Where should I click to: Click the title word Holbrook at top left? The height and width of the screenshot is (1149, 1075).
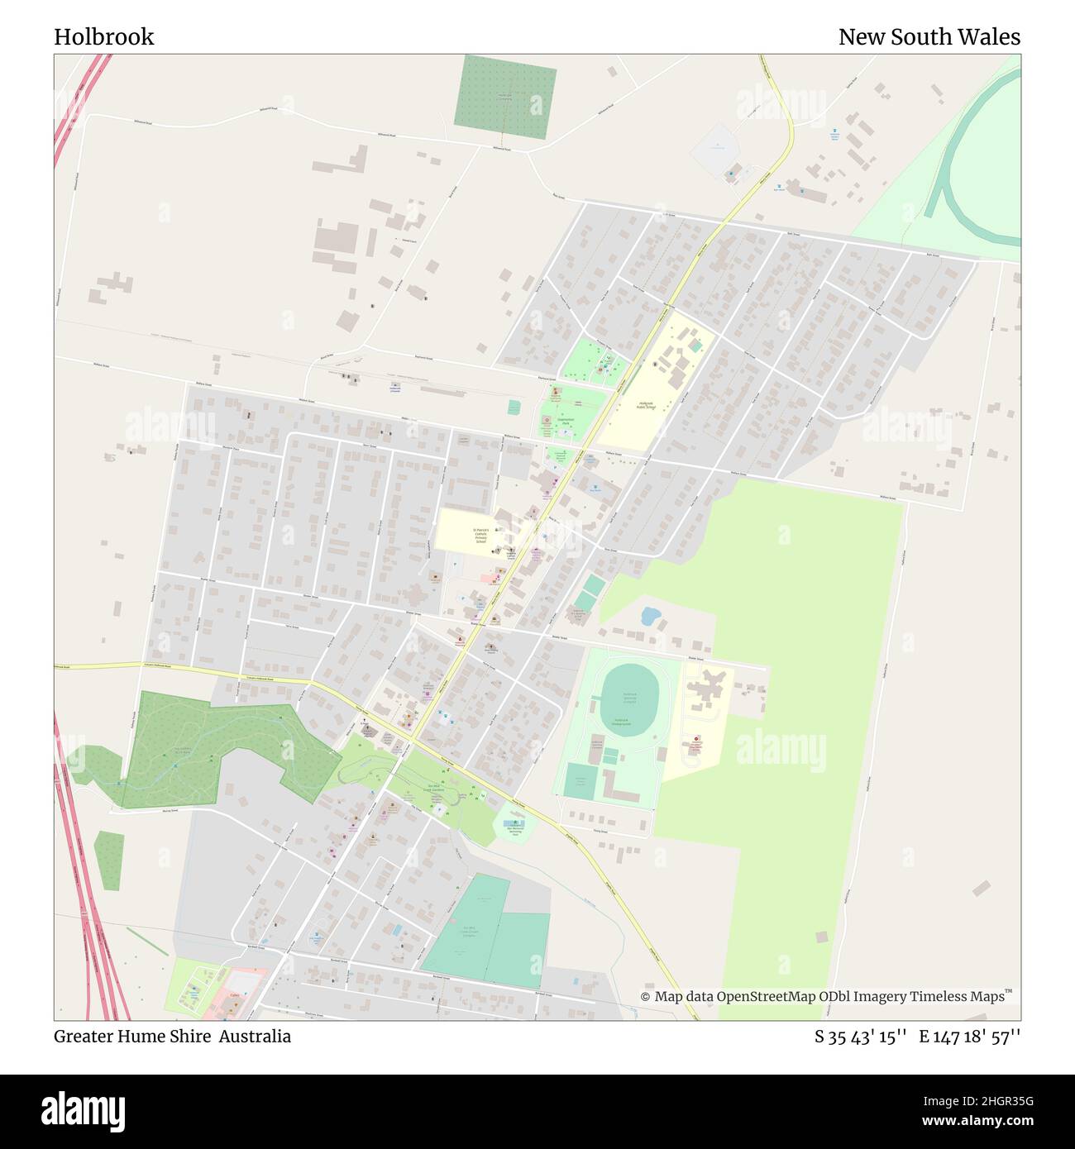(104, 37)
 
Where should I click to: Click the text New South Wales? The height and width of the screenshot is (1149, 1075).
(929, 37)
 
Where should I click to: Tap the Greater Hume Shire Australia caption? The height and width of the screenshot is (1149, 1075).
(172, 1037)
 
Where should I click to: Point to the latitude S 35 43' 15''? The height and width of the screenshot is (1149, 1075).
(861, 1037)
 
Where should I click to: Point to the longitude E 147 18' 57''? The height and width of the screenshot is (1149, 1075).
(970, 1037)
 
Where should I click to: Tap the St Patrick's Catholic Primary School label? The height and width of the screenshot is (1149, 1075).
(480, 535)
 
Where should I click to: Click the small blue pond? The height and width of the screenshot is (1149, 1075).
(650, 617)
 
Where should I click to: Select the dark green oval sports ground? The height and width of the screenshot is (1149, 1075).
(630, 695)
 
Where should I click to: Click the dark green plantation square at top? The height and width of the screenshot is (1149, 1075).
(505, 98)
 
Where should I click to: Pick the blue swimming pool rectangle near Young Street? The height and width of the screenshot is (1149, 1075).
(514, 824)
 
